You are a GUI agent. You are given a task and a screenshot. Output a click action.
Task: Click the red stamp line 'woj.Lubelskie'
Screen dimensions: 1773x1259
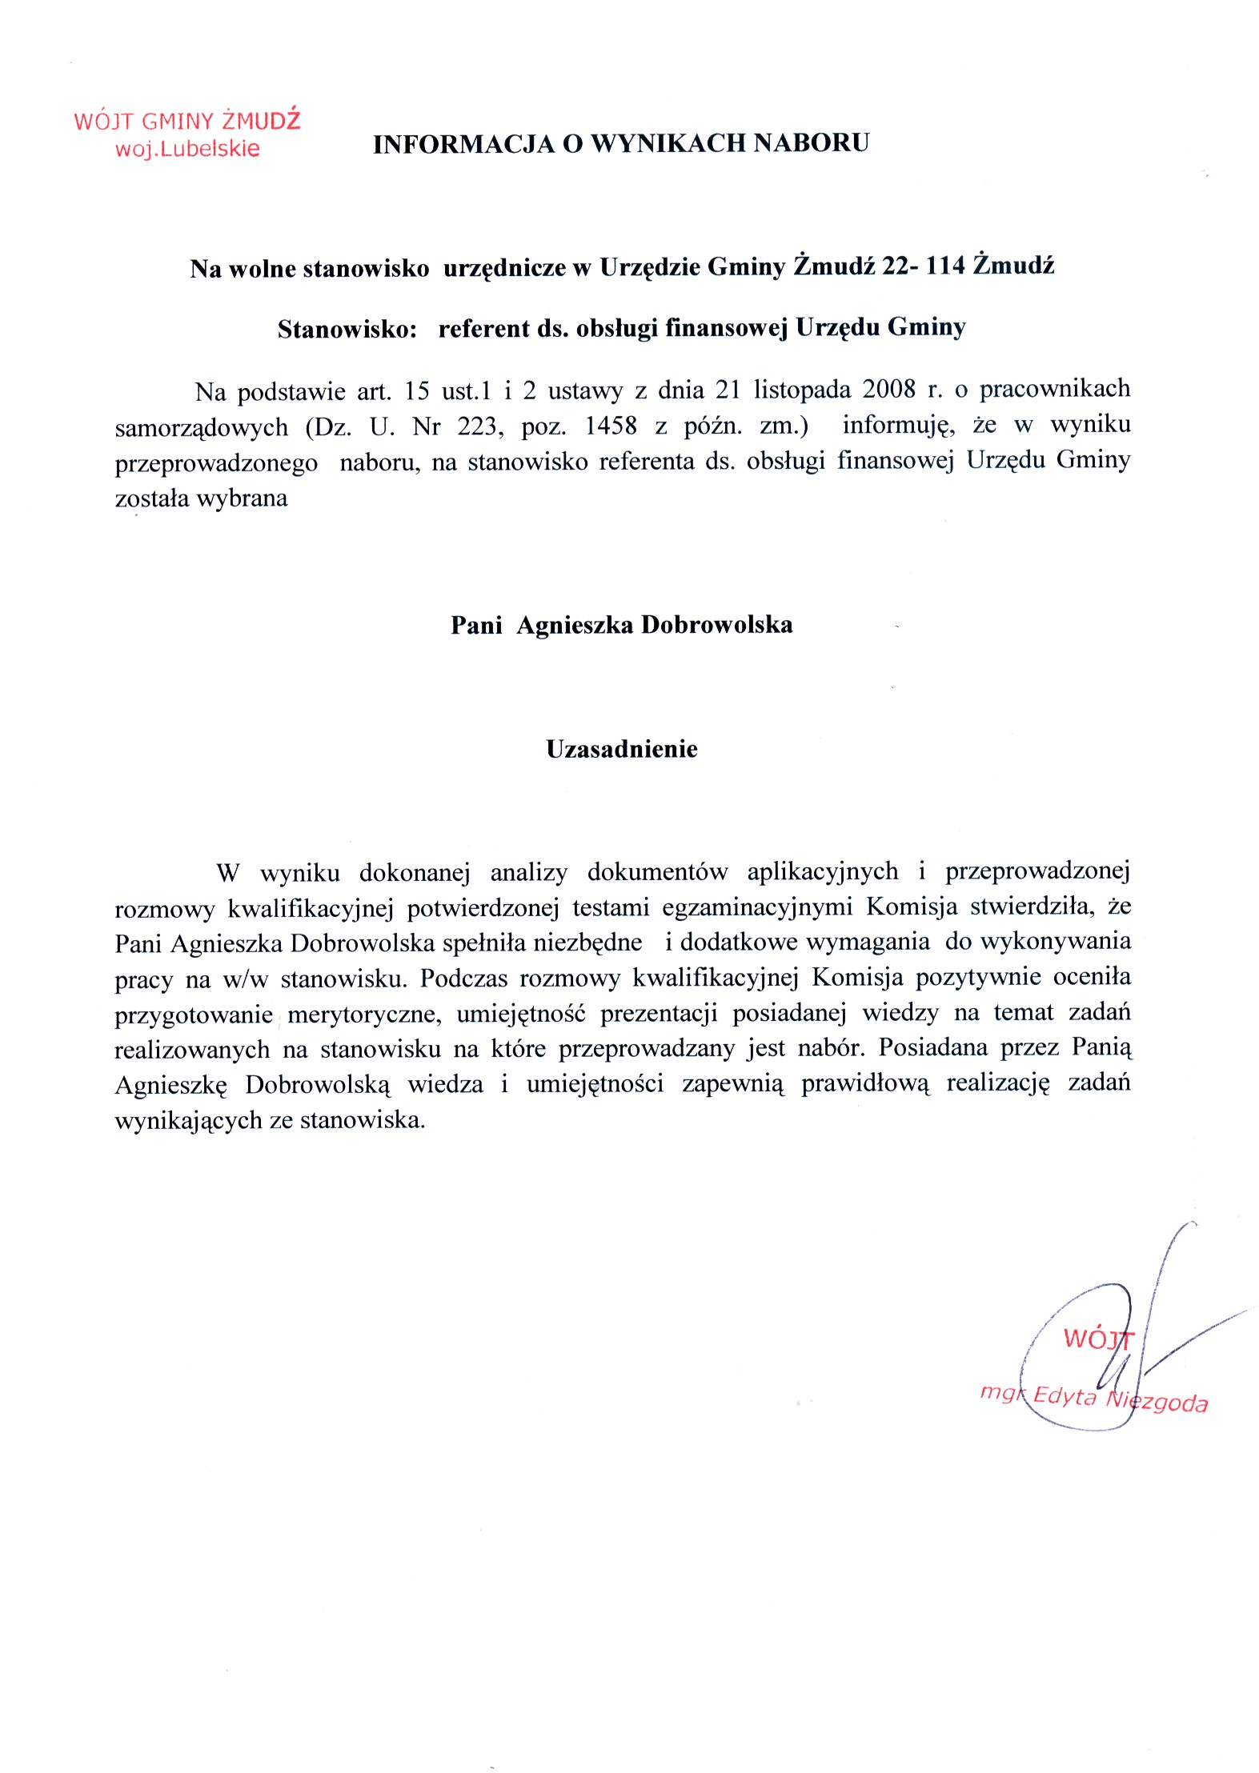[x=187, y=149]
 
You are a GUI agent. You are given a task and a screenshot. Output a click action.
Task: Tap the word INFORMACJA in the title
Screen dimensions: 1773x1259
[x=463, y=144]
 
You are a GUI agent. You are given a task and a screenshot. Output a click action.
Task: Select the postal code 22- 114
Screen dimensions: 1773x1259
[x=924, y=266]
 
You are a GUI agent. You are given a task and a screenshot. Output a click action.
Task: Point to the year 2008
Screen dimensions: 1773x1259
[x=888, y=390]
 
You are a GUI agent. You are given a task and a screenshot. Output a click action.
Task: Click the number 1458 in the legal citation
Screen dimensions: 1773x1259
[x=611, y=426]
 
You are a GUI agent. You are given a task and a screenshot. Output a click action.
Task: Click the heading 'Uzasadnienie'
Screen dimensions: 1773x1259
[x=622, y=749]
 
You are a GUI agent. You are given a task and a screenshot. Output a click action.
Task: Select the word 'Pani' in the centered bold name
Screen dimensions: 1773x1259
[x=476, y=625]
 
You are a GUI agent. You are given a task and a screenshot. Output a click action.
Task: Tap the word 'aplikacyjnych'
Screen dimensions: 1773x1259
[x=823, y=871]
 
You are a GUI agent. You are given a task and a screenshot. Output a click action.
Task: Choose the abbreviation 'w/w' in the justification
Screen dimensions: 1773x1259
[x=244, y=979]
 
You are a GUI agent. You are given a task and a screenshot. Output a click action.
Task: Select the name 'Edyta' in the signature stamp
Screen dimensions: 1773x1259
[x=1065, y=1395]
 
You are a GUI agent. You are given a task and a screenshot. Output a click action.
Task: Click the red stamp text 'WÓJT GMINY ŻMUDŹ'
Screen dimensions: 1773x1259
[x=187, y=121]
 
